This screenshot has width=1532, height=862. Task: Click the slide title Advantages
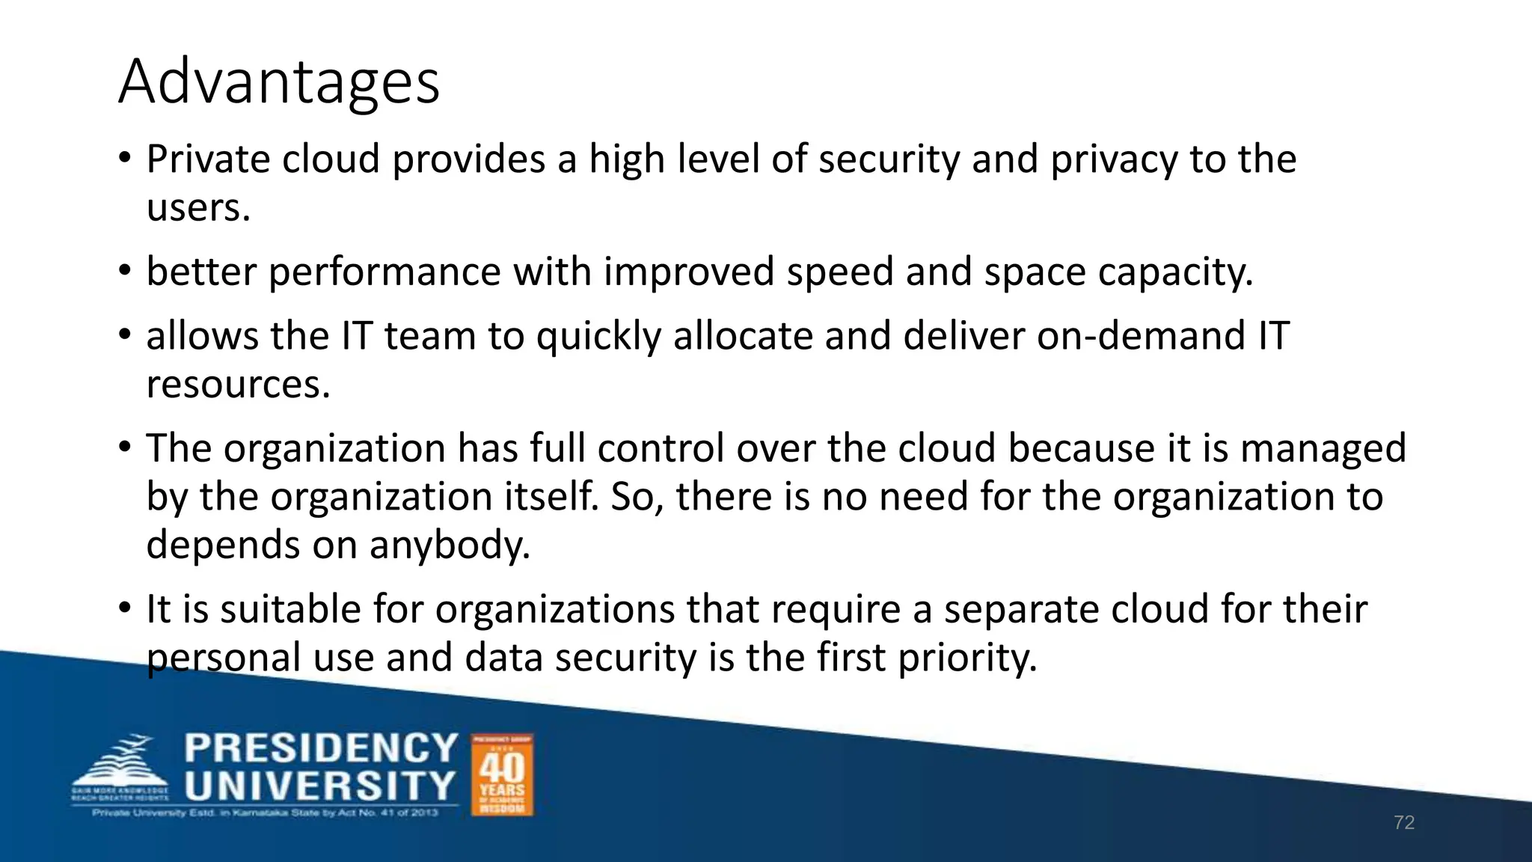point(279,82)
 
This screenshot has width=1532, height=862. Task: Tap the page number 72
point(1404,823)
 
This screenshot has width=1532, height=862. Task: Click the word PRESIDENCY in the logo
point(321,748)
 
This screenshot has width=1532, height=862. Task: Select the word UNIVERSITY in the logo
point(319,786)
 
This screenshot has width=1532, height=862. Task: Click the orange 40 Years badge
point(502,774)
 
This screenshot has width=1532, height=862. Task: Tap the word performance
point(384,272)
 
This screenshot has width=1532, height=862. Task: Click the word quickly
point(598,336)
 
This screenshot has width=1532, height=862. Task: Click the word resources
point(238,385)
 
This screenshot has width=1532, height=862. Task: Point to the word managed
point(1323,449)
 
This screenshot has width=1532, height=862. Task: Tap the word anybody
point(450,545)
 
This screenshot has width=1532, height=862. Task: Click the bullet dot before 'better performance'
point(125,271)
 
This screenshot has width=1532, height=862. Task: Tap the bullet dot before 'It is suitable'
point(125,608)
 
